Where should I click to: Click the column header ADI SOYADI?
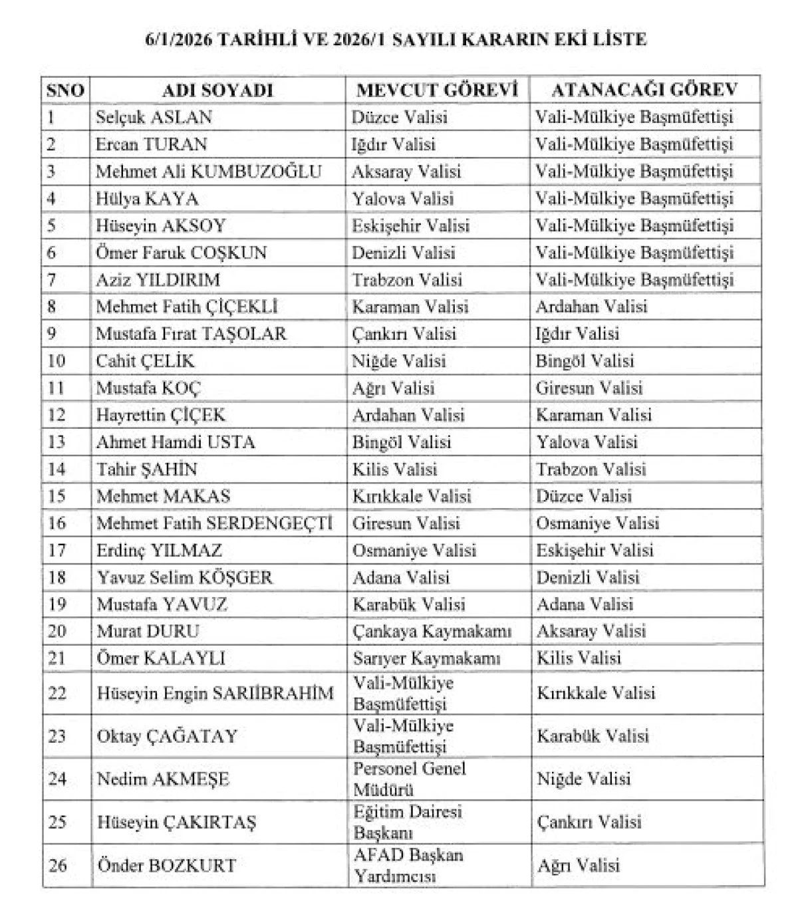[x=218, y=90]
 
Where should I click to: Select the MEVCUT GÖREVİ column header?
[x=437, y=90]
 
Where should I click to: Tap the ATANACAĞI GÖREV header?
[x=644, y=90]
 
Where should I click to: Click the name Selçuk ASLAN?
[x=154, y=118]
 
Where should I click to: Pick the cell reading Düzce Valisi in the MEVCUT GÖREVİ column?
[x=400, y=118]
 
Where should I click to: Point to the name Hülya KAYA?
[x=147, y=199]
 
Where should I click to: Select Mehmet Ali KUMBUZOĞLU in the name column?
[x=208, y=172]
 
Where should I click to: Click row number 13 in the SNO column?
[x=57, y=442]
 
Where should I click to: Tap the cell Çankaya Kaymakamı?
[x=432, y=631]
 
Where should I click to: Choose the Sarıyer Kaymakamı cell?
[x=426, y=658]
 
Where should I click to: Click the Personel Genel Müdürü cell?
[x=409, y=779]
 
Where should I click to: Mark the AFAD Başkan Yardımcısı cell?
[x=408, y=865]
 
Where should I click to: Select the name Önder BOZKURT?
[x=166, y=866]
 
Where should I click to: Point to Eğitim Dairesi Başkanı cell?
[x=407, y=822]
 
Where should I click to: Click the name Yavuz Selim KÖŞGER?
[x=184, y=577]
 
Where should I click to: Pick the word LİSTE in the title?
[x=622, y=39]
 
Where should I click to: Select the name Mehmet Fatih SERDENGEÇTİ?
[x=214, y=523]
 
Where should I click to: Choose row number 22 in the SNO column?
[x=57, y=693]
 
